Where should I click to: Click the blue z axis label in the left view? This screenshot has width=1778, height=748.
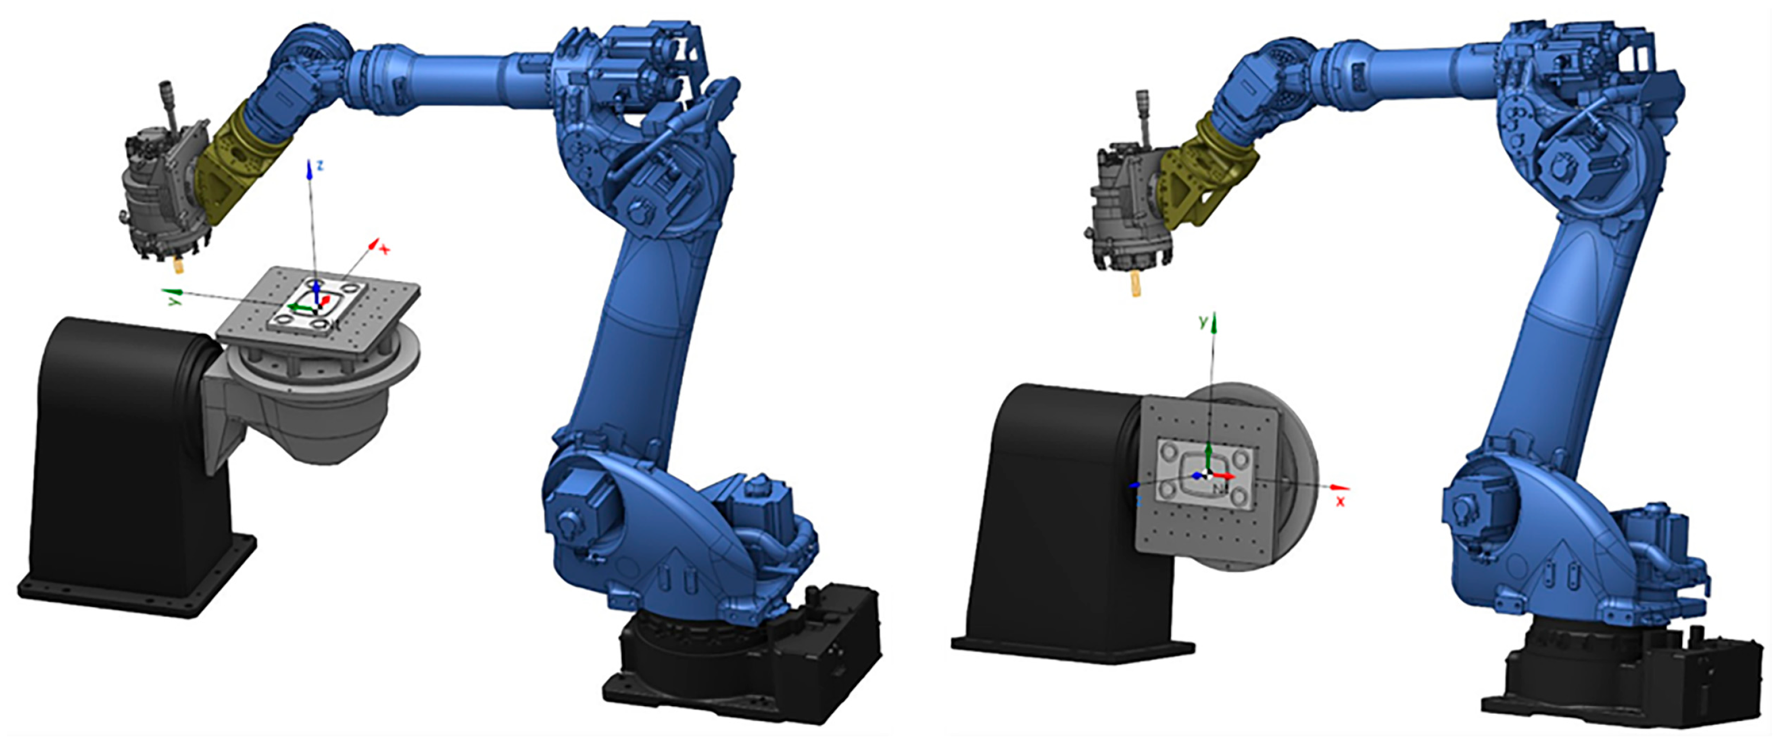320,165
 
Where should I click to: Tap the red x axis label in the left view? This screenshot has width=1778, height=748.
385,250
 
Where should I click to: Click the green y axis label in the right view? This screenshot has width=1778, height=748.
1203,322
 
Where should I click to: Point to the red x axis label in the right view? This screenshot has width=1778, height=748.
1340,501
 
